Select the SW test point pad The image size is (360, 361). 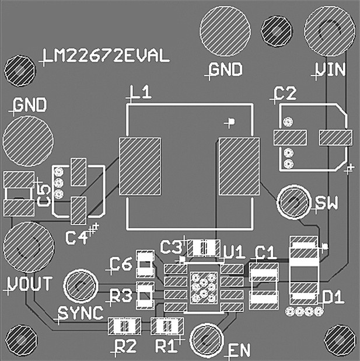coord(293,202)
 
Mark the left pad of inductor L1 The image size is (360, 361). coord(141,166)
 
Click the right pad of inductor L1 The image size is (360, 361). coord(238,166)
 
